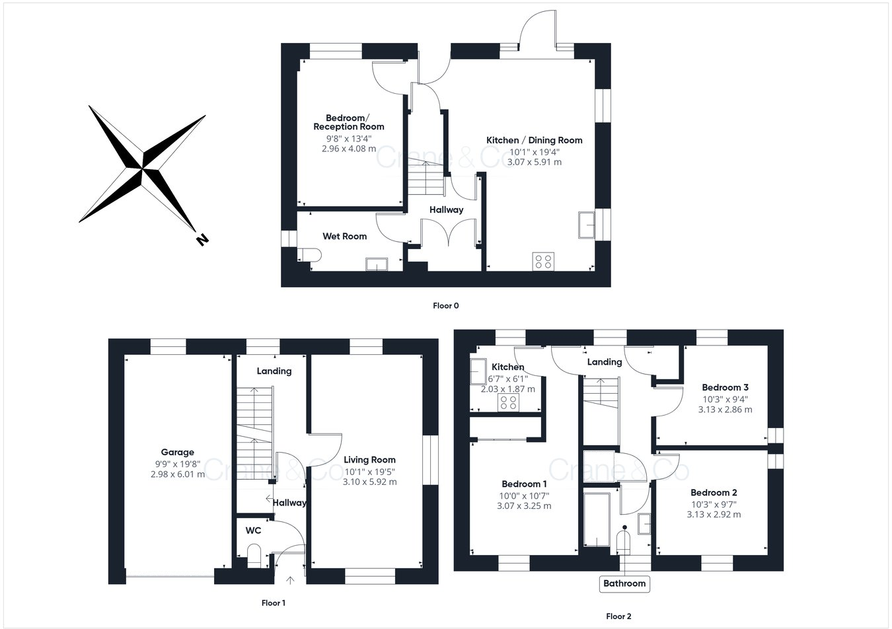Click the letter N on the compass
(x=202, y=240)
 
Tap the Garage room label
(x=178, y=453)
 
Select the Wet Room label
(x=344, y=237)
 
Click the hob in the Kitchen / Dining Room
(x=543, y=261)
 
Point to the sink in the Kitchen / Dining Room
(x=586, y=225)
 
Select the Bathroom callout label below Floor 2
(x=624, y=583)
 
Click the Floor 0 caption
(x=445, y=306)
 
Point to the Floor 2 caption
(x=618, y=616)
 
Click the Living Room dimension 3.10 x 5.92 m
(x=369, y=482)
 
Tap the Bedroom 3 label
(x=725, y=388)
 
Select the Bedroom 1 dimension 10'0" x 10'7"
(x=524, y=496)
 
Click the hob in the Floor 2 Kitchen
(x=508, y=402)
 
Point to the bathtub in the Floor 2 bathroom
(x=597, y=519)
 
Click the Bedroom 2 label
(x=714, y=493)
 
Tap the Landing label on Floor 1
(x=274, y=371)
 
